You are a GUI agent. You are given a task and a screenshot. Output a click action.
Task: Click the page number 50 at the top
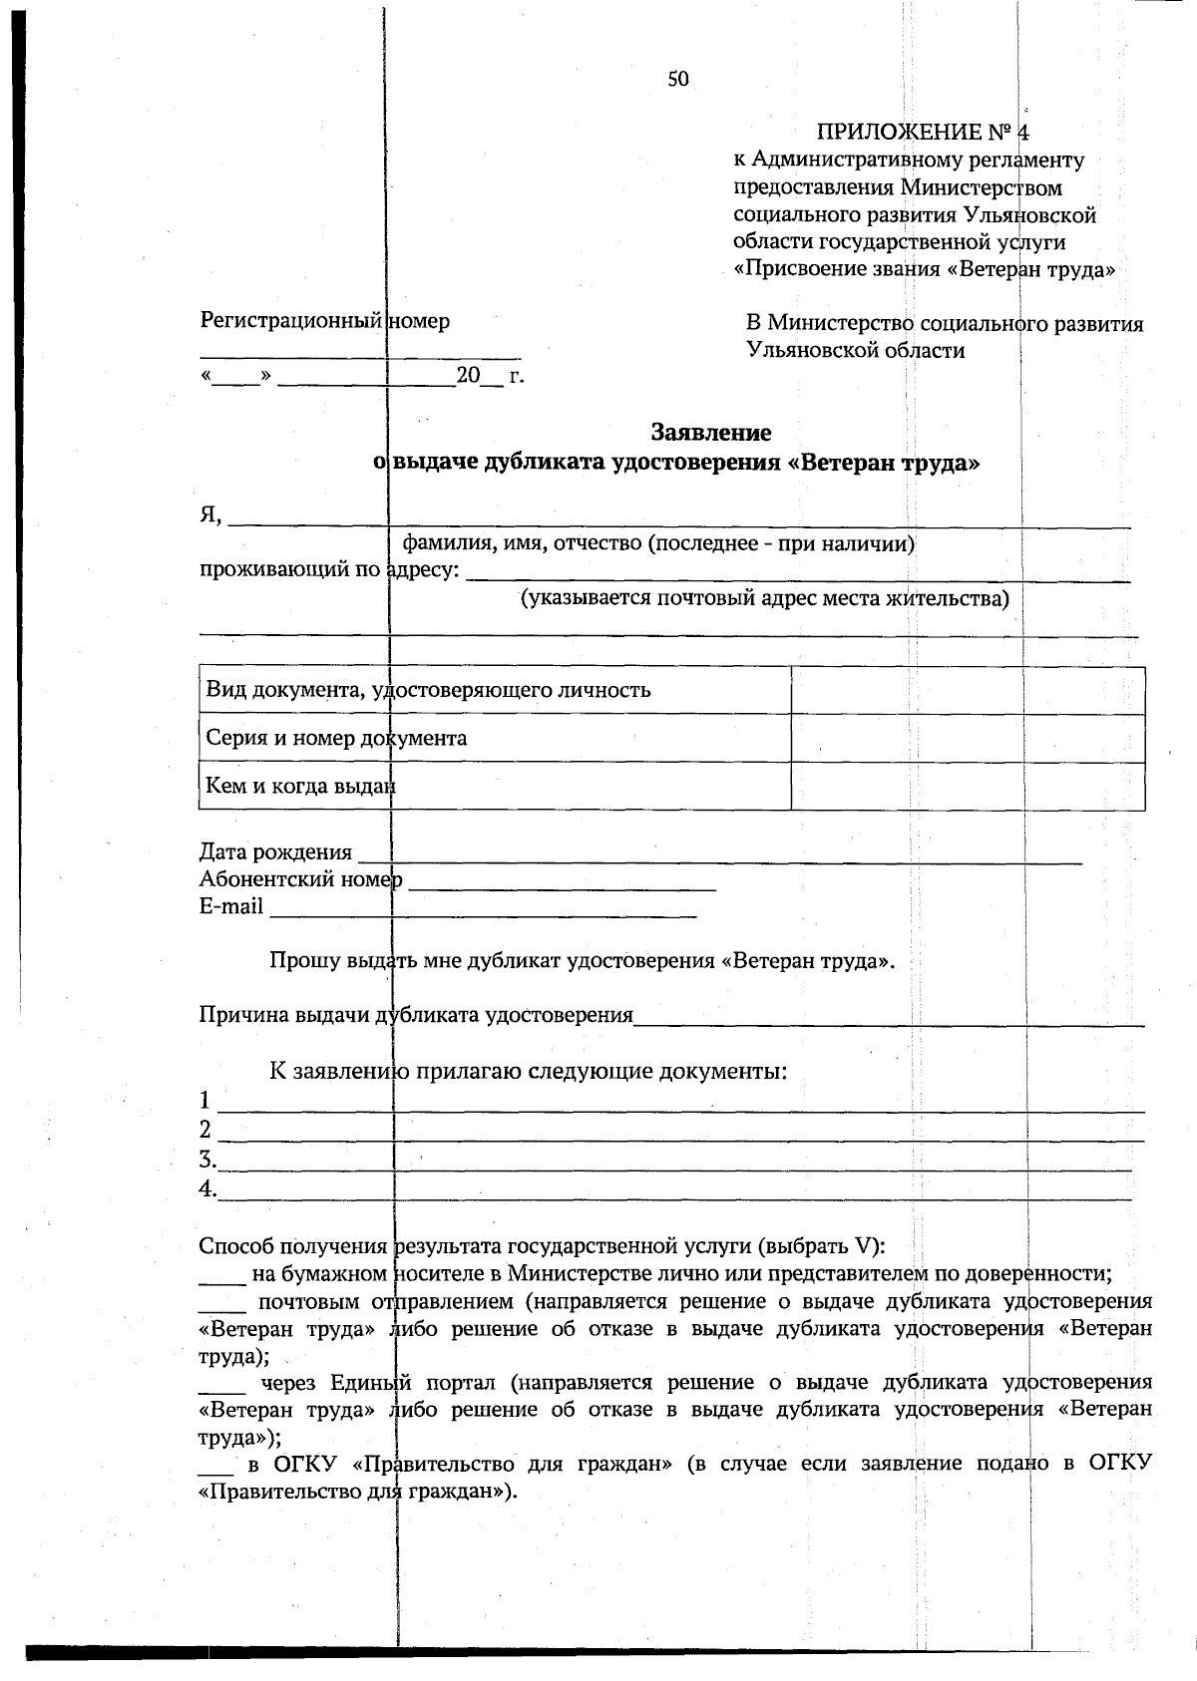click(x=678, y=80)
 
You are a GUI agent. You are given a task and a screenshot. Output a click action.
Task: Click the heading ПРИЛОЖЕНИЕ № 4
click(x=923, y=133)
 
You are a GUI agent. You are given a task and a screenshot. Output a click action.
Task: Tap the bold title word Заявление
click(x=710, y=433)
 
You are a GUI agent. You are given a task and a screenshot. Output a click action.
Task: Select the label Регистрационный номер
click(x=325, y=321)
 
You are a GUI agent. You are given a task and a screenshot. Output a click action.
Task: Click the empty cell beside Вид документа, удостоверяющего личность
click(x=967, y=690)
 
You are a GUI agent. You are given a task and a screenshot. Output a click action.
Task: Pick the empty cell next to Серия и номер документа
click(x=967, y=738)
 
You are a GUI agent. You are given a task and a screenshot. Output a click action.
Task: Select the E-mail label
click(x=231, y=906)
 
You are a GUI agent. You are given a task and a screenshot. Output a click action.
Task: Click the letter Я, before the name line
click(x=209, y=514)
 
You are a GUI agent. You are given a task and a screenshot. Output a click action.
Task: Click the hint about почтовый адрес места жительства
click(x=764, y=599)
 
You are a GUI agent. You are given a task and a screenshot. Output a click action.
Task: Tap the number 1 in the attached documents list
click(x=205, y=1101)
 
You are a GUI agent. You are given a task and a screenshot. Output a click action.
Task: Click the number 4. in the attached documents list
click(x=207, y=1188)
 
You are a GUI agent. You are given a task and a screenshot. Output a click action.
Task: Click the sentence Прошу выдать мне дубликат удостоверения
click(x=582, y=961)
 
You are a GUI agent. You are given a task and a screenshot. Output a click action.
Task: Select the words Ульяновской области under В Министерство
click(x=856, y=350)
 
